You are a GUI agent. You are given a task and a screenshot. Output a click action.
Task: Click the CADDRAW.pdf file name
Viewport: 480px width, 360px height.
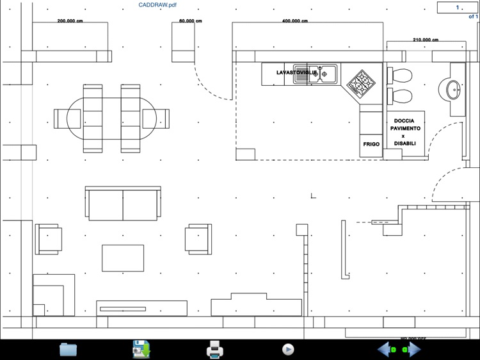(157, 5)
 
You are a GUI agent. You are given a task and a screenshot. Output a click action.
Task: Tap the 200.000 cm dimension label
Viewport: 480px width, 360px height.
(70, 21)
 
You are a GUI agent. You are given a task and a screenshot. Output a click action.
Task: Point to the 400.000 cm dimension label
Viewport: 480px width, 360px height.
(294, 21)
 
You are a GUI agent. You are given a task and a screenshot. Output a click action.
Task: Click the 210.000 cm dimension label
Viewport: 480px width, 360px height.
(426, 40)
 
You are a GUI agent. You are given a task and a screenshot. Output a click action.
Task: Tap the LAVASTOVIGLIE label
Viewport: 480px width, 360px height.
(292, 73)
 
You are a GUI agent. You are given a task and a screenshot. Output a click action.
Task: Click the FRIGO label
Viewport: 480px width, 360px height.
(371, 145)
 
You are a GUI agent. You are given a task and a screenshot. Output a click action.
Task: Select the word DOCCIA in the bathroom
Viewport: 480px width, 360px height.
(404, 121)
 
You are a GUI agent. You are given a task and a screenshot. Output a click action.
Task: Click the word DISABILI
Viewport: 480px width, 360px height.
(404, 143)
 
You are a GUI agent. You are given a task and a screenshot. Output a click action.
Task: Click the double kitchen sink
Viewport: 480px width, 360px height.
(315, 74)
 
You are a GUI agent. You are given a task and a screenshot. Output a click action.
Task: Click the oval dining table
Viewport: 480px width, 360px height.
(112, 119)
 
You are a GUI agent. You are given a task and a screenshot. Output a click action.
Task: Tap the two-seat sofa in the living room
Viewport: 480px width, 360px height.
(122, 204)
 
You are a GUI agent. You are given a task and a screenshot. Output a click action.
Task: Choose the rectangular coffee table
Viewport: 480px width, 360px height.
(123, 258)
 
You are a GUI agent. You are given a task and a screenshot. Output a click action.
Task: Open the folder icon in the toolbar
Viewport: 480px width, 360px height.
(68, 349)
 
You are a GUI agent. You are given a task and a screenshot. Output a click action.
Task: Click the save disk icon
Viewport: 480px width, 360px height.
(141, 349)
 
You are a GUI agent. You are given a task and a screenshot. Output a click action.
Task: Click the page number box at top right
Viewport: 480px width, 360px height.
(457, 8)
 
